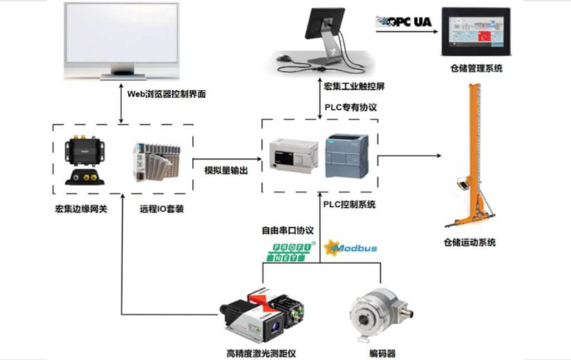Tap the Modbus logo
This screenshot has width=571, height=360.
click(352, 247)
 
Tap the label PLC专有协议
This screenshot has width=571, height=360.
click(350, 107)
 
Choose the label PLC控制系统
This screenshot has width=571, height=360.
click(349, 205)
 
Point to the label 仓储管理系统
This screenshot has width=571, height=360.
click(476, 69)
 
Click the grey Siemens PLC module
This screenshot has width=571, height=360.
click(346, 156)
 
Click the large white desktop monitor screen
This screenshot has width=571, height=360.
click(122, 33)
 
